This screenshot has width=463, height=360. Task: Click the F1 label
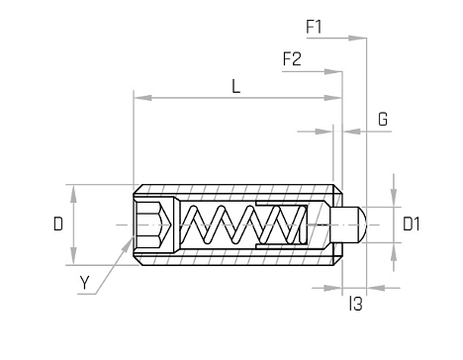tap(314, 27)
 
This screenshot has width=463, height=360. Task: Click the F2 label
tap(292, 59)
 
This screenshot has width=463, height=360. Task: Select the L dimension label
tap(235, 87)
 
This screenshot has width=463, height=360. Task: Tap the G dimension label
tap(383, 120)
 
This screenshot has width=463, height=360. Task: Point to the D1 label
tap(412, 225)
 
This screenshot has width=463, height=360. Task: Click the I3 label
tap(356, 304)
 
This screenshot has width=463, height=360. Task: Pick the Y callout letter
tap(85, 283)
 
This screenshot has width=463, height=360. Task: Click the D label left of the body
tap(58, 225)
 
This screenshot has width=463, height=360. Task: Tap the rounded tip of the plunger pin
tap(362, 225)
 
